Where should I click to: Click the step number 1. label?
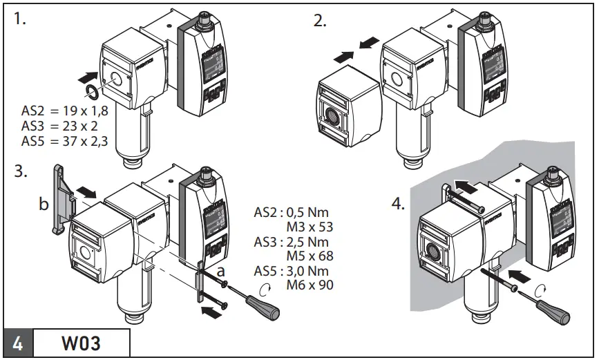pyautogui.click(x=19, y=19)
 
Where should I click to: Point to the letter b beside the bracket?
pyautogui.click(x=44, y=204)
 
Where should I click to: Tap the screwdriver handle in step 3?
pyautogui.click(x=267, y=309)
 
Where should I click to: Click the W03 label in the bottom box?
pyautogui.click(x=81, y=343)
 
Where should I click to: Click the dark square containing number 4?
pyautogui.click(x=17, y=343)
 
